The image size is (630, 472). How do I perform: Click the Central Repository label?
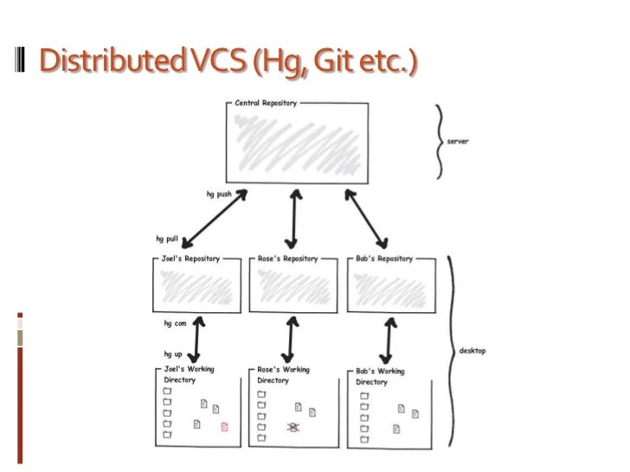tap(266, 103)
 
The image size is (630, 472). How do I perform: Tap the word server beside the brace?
tap(457, 141)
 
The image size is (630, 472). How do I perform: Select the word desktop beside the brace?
tap(472, 351)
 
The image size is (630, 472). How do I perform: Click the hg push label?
tap(220, 195)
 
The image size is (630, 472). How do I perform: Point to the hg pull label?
tap(167, 238)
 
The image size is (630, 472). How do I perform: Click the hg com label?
tap(176, 323)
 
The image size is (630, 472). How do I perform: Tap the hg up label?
tap(174, 354)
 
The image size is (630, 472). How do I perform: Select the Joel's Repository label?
tap(190, 258)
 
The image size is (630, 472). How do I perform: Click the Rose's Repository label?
tap(287, 258)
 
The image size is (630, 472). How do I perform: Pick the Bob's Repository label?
tap(384, 258)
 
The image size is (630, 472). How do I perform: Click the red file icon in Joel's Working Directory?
tap(224, 425)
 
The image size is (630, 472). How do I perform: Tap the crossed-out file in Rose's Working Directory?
tap(292, 427)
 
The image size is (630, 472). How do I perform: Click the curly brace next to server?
tap(440, 141)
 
